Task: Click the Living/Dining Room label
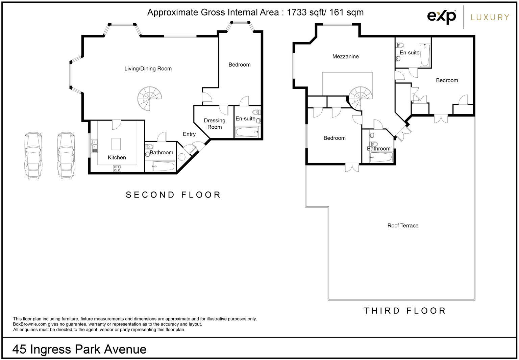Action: [x=148, y=69]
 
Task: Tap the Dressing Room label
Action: [x=215, y=124]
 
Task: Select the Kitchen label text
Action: [x=117, y=157]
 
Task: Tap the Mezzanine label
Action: [x=345, y=56]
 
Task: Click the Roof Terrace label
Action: [x=403, y=226]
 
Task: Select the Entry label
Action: [x=189, y=134]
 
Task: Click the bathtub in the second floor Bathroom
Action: [x=164, y=166]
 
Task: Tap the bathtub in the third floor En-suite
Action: [x=424, y=55]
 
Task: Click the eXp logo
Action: [x=442, y=16]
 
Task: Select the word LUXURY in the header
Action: [x=490, y=17]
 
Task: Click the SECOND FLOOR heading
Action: [x=173, y=195]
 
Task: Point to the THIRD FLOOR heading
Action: [x=405, y=311]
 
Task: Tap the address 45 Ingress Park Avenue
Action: [x=79, y=349]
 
